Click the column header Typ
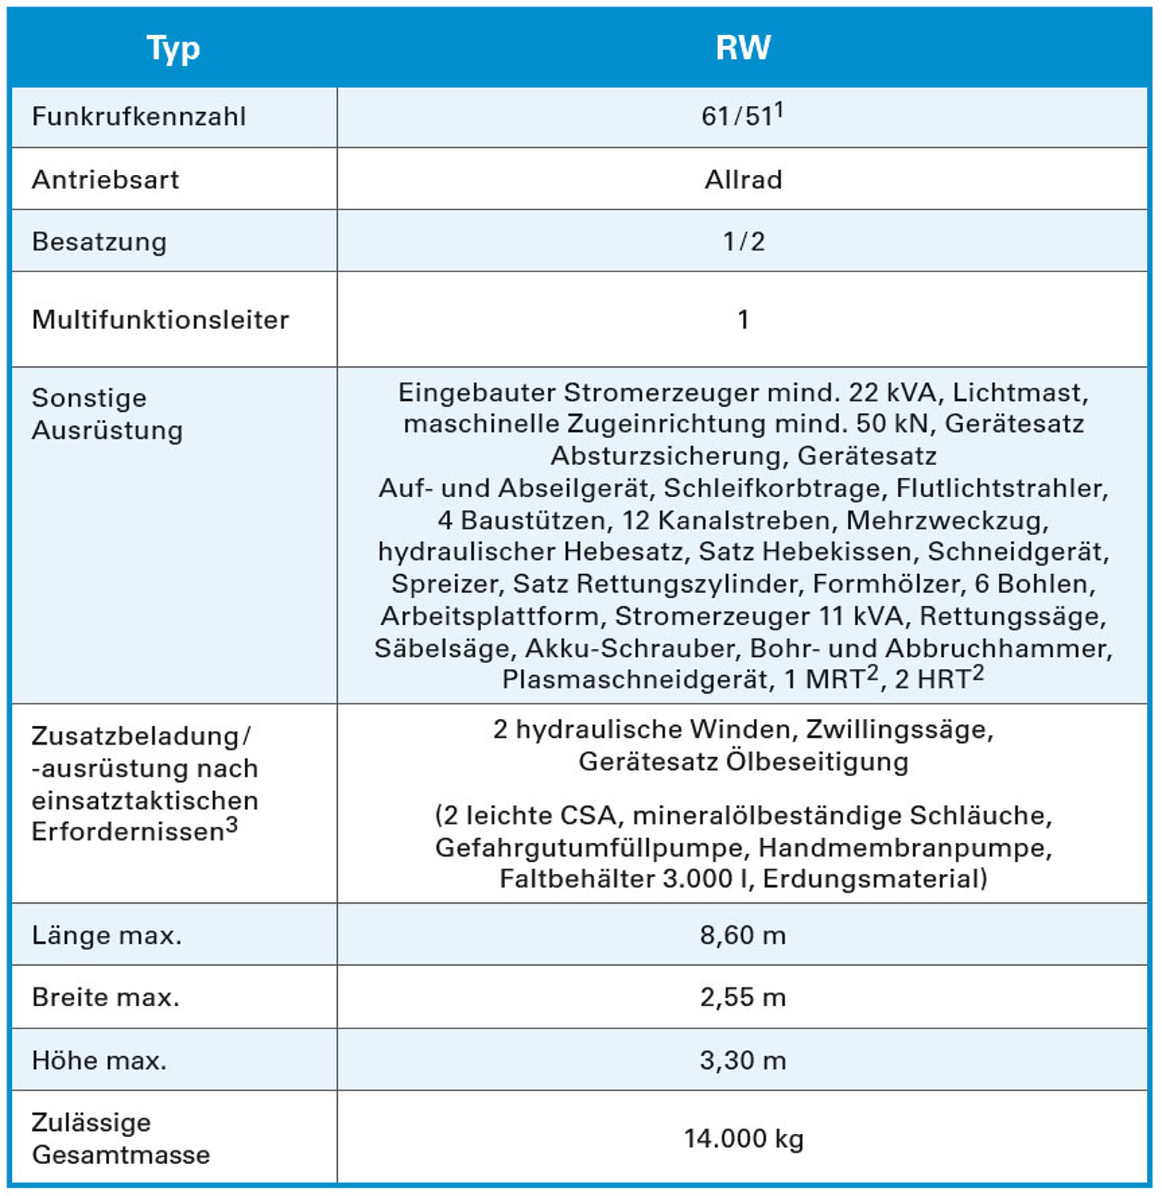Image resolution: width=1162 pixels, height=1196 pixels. [x=173, y=49]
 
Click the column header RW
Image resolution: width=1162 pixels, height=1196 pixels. [x=743, y=48]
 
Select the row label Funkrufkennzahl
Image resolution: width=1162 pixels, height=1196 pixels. [x=139, y=117]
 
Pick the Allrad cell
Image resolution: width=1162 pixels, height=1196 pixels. [x=743, y=179]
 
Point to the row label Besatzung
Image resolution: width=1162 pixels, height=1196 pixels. [x=99, y=242]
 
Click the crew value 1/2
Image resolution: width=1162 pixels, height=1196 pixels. [x=744, y=241]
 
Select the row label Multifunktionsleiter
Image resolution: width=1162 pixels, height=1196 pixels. [x=161, y=320]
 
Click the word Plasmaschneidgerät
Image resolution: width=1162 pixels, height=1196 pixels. [x=635, y=679]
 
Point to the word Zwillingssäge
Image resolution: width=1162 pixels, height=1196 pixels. [x=899, y=729]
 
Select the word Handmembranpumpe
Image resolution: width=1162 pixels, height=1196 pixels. [x=905, y=848]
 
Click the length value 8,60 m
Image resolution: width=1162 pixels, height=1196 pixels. [x=743, y=935]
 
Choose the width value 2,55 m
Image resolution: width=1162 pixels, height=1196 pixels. [x=743, y=997]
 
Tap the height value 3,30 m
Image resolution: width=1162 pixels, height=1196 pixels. [x=743, y=1060]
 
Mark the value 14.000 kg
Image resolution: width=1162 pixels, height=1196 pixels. [x=744, y=1138]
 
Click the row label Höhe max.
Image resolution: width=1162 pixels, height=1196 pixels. [x=99, y=1061]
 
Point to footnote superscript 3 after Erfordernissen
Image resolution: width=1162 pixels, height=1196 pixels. [x=232, y=825]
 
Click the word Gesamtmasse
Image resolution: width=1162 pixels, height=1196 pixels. [x=121, y=1155]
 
